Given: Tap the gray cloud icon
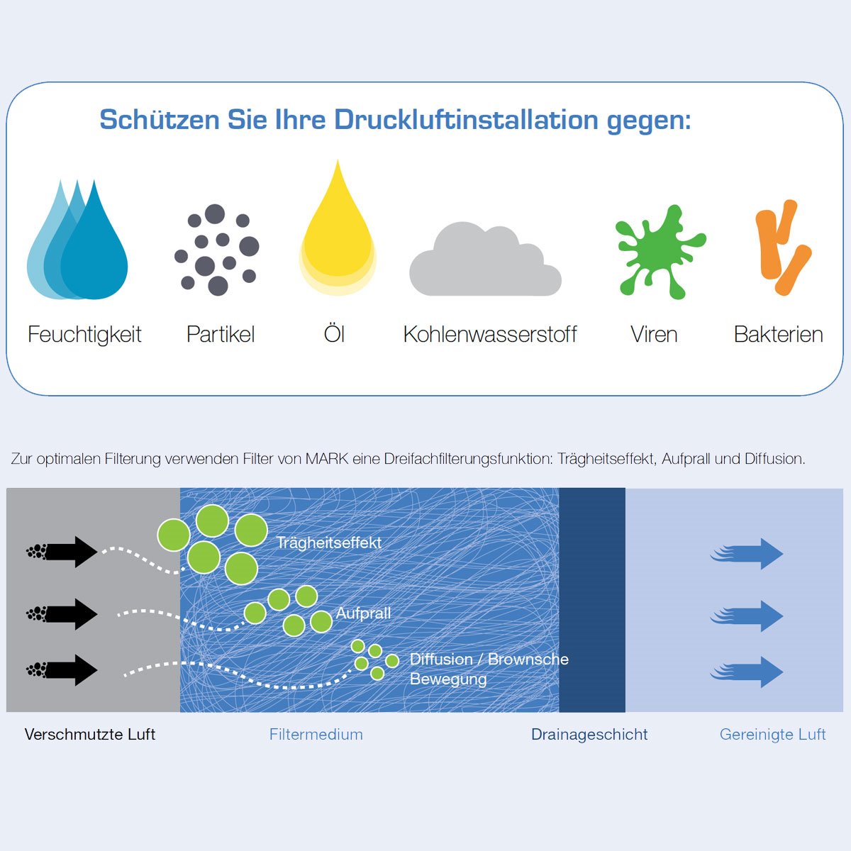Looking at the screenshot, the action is point(485,260).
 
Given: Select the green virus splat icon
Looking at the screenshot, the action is point(660,252).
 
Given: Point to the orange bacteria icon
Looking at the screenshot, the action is point(782,247).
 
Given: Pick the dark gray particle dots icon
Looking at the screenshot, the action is point(217,250).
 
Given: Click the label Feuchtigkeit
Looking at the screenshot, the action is point(84,335).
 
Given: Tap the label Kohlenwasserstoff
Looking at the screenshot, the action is point(490,334).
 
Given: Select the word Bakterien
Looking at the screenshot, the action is point(778,334).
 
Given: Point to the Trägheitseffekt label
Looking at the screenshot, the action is point(328,543).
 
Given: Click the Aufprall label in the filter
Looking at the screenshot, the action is point(363,613).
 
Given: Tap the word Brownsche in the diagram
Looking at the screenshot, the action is point(528,660).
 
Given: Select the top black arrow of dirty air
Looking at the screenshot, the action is point(62,552).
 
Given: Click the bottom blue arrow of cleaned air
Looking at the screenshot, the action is point(746,672).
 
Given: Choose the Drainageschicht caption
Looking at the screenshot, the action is point(589,735).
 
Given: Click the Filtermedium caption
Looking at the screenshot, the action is point(316,735).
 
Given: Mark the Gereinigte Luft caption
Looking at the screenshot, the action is point(772,735).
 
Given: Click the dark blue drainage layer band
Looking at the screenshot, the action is point(591,600).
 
